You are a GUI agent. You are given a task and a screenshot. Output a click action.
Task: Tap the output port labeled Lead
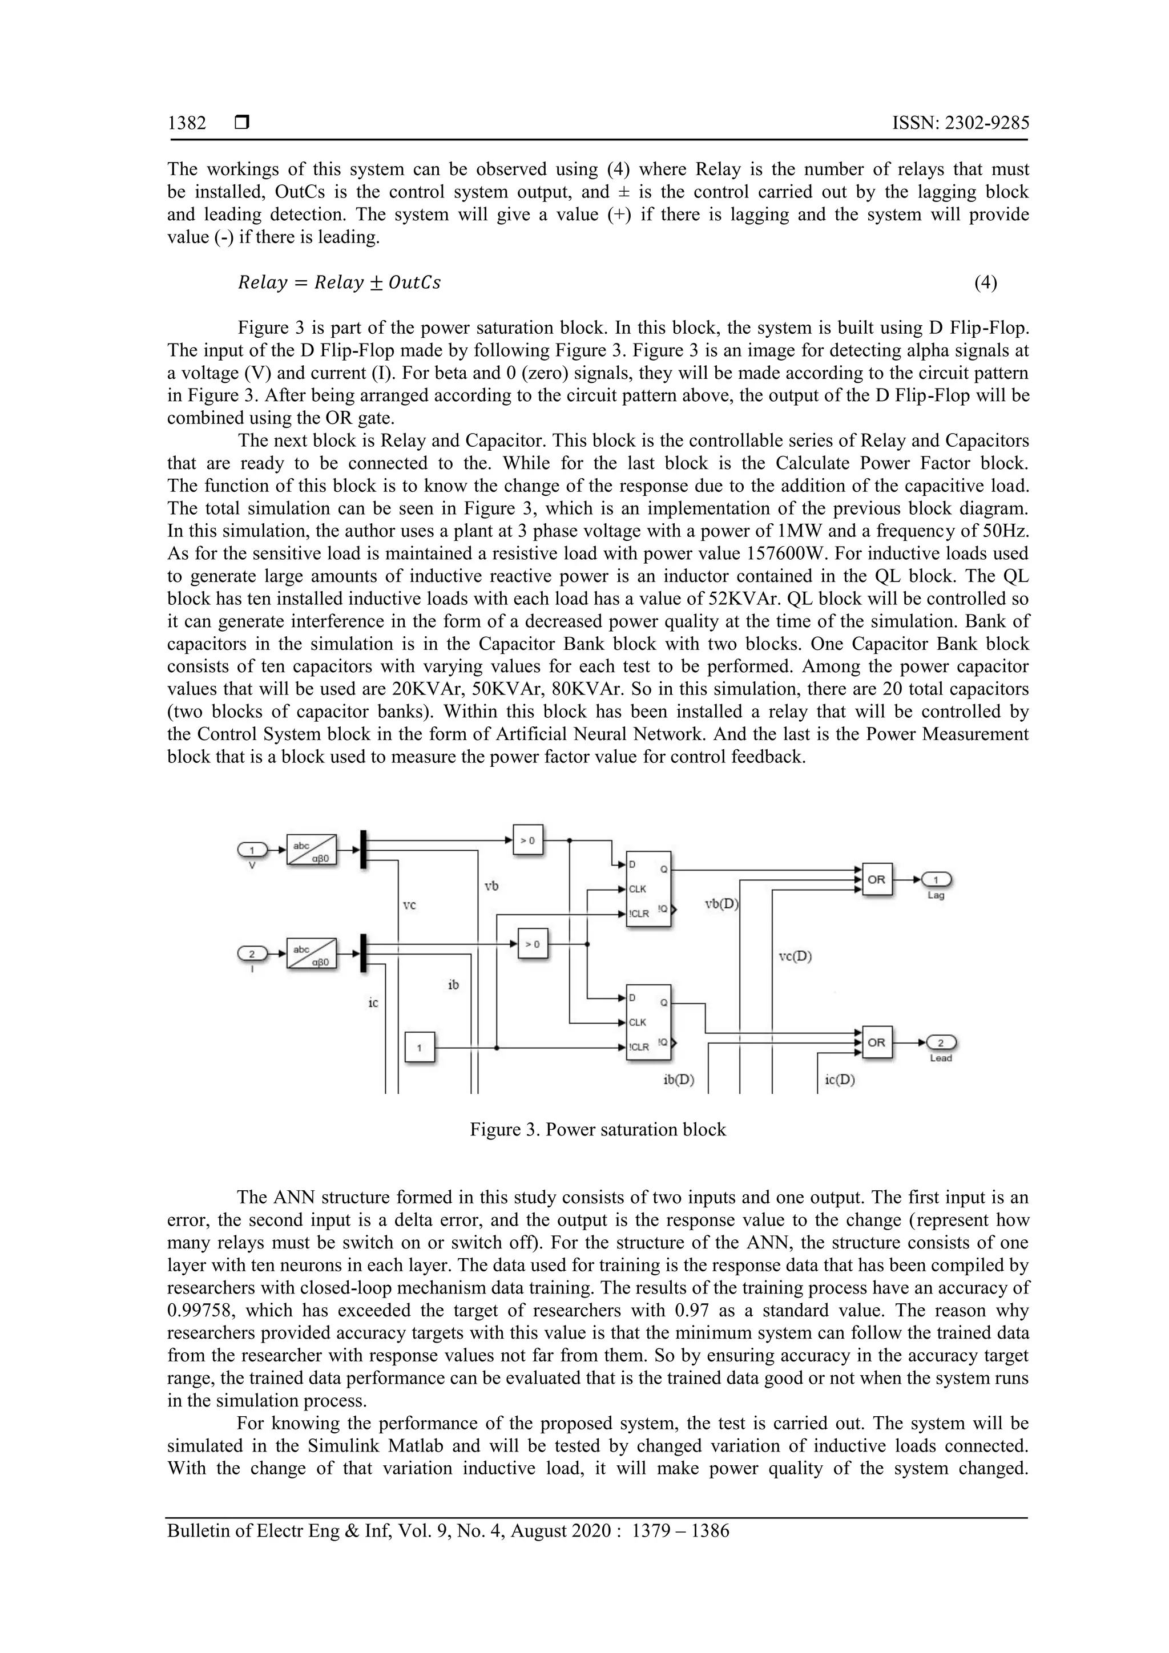941,1042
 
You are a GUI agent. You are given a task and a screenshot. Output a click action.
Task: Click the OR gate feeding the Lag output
877,879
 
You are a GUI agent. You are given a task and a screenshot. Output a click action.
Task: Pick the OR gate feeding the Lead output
877,1042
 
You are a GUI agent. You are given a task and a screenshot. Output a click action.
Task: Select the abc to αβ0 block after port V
312,850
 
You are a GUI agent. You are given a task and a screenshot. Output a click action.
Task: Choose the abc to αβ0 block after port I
312,953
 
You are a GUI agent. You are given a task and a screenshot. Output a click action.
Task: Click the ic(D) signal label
840,1080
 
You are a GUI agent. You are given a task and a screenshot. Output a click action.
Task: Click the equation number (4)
985,283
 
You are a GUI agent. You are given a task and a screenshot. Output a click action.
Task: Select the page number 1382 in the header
187,123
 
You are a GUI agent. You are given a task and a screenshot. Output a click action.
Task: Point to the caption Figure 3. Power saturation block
598,1129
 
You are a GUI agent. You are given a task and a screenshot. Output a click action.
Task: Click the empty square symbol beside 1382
242,123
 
